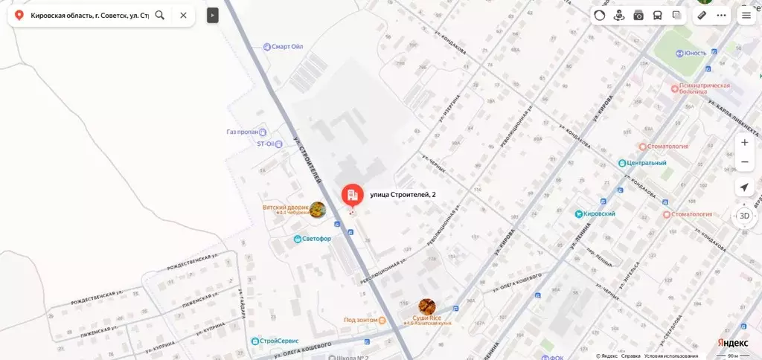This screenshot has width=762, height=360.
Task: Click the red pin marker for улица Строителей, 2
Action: pyautogui.click(x=352, y=195)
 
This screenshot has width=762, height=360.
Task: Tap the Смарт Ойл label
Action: pyautogui.click(x=287, y=46)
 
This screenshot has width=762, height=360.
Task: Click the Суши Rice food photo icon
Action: pyautogui.click(x=427, y=306)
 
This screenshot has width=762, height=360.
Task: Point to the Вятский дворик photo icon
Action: pyautogui.click(x=318, y=210)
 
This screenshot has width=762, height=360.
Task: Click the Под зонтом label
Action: pyautogui.click(x=361, y=321)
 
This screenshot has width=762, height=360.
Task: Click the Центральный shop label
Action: pyautogui.click(x=646, y=163)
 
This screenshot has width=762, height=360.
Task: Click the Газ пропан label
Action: pyautogui.click(x=243, y=132)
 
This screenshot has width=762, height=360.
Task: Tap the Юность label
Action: pyautogui.click(x=694, y=53)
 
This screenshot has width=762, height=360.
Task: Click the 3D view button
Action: pyautogui.click(x=744, y=216)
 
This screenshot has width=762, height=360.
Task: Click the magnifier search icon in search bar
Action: pyautogui.click(x=160, y=15)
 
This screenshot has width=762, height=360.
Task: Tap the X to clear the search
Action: pyautogui.click(x=183, y=15)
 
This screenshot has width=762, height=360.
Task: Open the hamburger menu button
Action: pyautogui.click(x=746, y=15)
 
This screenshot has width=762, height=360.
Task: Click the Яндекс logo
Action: pyautogui.click(x=732, y=342)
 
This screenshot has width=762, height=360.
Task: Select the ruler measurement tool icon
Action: pyautogui.click(x=701, y=15)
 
